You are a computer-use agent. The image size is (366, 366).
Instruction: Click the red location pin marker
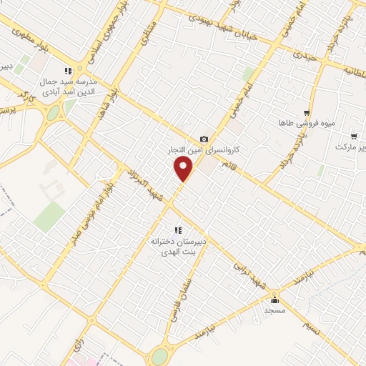coord(184,169)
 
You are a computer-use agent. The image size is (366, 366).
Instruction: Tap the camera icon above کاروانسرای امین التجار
coord(204,139)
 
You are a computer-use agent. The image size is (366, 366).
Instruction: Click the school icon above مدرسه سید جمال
coord(68,71)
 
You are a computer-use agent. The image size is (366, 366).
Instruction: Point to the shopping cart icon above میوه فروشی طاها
coord(307,113)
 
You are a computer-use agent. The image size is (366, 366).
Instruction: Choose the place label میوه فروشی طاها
coord(307,124)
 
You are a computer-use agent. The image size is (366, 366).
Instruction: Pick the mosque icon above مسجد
coord(274,300)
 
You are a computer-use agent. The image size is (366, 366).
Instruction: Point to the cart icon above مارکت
coord(353,136)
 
